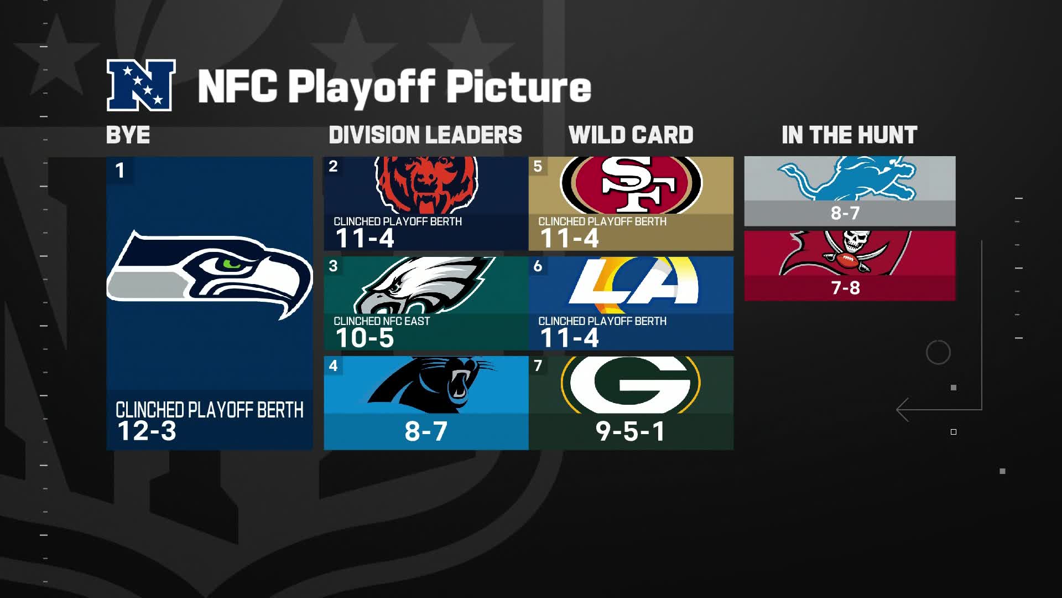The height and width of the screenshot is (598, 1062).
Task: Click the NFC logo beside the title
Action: (x=141, y=85)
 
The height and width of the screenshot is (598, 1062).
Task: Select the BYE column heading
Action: (x=128, y=135)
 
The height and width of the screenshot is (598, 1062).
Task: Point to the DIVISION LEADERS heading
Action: (x=425, y=135)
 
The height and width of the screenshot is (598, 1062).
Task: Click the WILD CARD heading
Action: (x=631, y=135)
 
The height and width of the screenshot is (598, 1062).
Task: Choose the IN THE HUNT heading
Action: (x=849, y=135)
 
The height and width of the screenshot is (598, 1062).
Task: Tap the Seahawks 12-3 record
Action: (x=147, y=431)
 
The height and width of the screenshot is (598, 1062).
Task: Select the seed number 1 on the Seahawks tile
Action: (x=119, y=171)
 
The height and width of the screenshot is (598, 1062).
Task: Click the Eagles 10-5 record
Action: (x=365, y=338)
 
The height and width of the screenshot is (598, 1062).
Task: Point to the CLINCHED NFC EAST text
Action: (x=382, y=321)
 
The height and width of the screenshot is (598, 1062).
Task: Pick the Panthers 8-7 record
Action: (x=425, y=431)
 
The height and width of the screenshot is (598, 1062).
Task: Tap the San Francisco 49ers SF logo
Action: (x=631, y=184)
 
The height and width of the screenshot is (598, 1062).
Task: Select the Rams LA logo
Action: (x=633, y=282)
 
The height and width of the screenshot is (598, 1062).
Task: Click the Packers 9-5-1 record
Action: (x=630, y=431)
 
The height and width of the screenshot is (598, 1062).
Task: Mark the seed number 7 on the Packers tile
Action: (x=538, y=365)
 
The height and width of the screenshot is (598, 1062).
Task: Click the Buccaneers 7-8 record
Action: (x=845, y=288)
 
